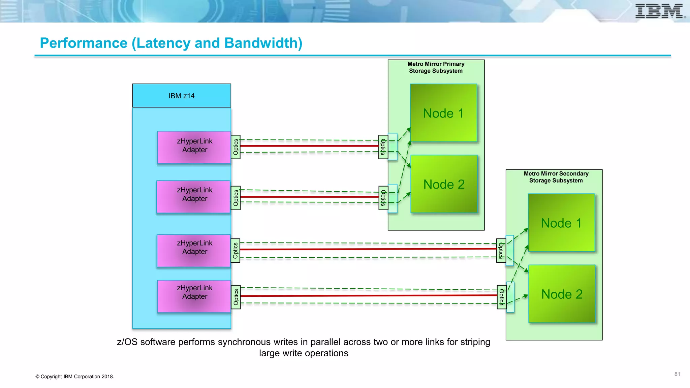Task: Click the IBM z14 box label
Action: click(x=182, y=96)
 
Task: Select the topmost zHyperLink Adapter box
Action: click(x=194, y=147)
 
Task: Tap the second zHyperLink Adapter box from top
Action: click(x=194, y=196)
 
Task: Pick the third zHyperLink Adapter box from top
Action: click(x=194, y=250)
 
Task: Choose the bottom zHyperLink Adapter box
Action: click(x=194, y=296)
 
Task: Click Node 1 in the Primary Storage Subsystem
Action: click(x=443, y=113)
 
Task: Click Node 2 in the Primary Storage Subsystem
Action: click(x=444, y=184)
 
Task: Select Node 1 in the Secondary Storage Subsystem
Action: click(x=561, y=223)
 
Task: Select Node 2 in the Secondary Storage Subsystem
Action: click(x=562, y=294)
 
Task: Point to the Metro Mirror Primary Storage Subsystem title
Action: click(x=436, y=67)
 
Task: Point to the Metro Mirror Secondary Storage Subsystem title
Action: click(x=556, y=177)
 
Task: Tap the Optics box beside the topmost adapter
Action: click(x=236, y=147)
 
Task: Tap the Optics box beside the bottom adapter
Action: click(x=236, y=297)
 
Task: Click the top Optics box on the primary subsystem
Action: click(x=383, y=147)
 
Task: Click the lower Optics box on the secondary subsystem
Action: click(x=501, y=297)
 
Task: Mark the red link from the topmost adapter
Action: click(x=309, y=146)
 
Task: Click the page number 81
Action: click(x=677, y=374)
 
